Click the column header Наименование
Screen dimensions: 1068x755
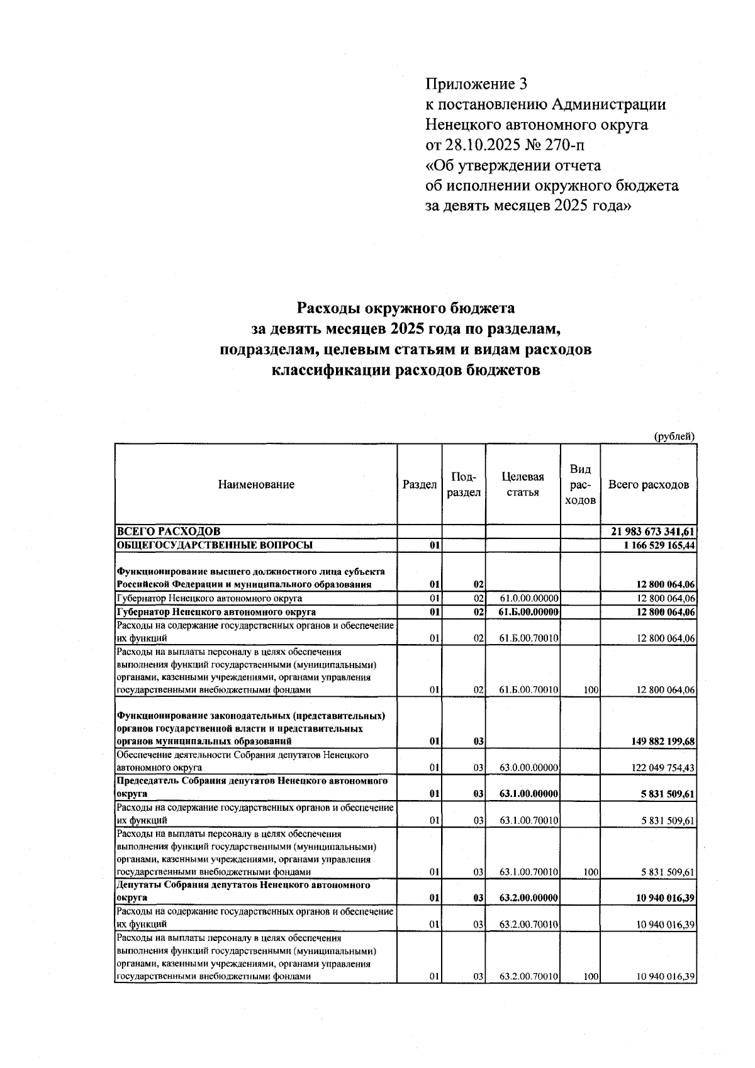click(256, 484)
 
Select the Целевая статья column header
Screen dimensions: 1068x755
click(522, 484)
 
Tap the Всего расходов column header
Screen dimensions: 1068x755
click(649, 484)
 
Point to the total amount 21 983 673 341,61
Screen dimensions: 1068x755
click(652, 532)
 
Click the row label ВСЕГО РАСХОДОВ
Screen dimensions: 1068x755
click(169, 532)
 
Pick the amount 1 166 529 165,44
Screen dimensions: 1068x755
click(659, 545)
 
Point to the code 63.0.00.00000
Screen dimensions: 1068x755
click(528, 767)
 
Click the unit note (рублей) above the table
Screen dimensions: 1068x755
click(674, 436)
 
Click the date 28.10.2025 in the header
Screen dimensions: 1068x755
click(483, 145)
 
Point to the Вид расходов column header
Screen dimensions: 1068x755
click(580, 484)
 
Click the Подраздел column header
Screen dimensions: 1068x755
click(464, 484)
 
